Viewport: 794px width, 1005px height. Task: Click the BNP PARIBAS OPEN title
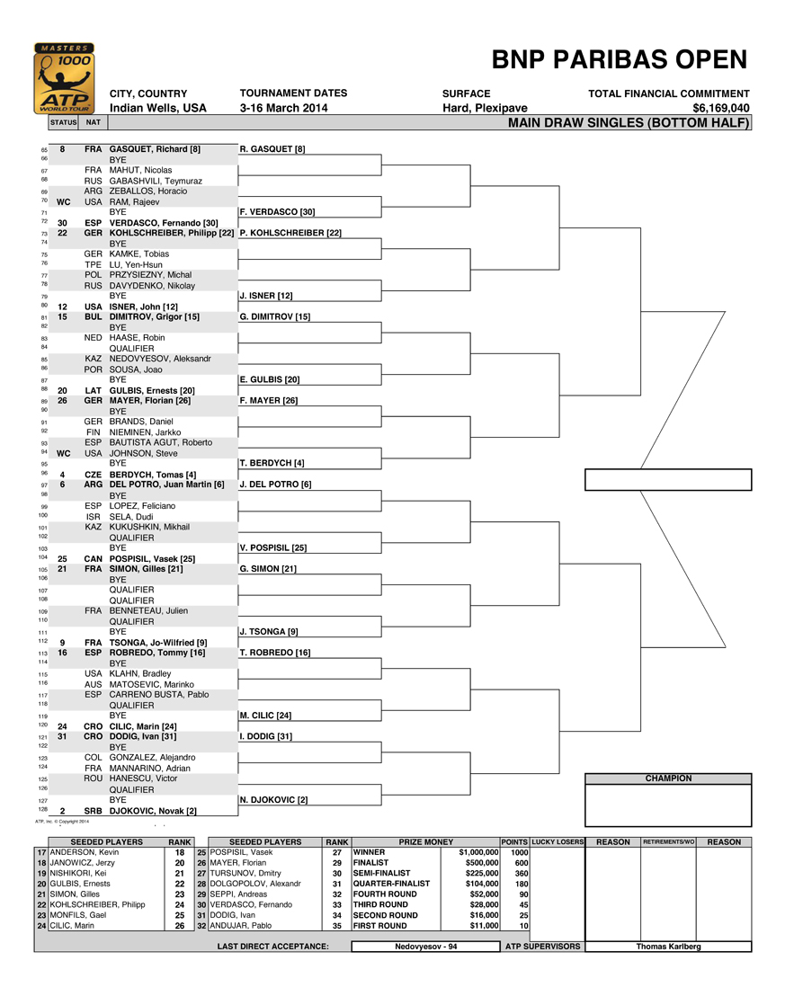pyautogui.click(x=620, y=60)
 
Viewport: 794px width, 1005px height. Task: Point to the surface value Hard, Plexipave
pyautogui.click(x=485, y=108)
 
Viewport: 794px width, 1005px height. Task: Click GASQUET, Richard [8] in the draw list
pyautogui.click(x=155, y=148)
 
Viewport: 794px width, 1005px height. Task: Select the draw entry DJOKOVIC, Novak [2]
pyautogui.click(x=153, y=810)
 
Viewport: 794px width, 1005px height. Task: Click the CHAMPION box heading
pyautogui.click(x=668, y=778)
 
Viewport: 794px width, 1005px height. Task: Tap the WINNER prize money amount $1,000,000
pyautogui.click(x=478, y=852)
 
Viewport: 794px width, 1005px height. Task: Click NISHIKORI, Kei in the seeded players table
pyautogui.click(x=79, y=873)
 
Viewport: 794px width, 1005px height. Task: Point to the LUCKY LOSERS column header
pyautogui.click(x=558, y=842)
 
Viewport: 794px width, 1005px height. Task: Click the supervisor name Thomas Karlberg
pyautogui.click(x=668, y=946)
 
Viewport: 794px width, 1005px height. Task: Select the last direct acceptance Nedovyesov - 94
pyautogui.click(x=426, y=946)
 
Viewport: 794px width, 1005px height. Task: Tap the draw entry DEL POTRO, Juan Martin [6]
pyautogui.click(x=166, y=485)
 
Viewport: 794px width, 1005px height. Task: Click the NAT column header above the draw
pyautogui.click(x=94, y=122)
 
